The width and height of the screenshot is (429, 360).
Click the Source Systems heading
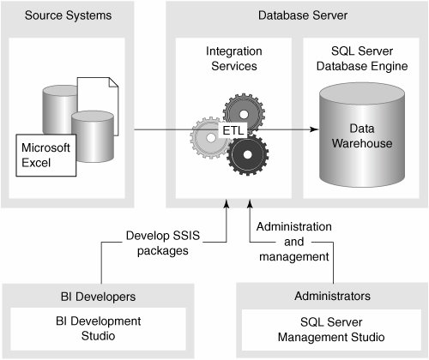(68, 15)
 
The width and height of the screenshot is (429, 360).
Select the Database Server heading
(303, 15)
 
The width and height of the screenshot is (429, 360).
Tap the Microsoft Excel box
(46, 155)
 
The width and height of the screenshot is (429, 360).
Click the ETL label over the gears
(233, 130)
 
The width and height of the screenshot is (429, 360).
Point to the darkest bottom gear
(248, 155)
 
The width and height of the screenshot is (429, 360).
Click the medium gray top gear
(244, 112)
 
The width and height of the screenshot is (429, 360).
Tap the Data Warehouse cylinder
(362, 135)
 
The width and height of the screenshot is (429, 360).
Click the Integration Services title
(234, 58)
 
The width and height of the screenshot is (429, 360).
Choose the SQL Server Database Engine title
(362, 58)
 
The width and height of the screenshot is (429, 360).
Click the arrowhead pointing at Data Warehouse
(314, 129)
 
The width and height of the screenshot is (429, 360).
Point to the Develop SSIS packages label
(163, 243)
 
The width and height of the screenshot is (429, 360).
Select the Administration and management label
(294, 242)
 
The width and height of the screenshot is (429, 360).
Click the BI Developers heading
(98, 297)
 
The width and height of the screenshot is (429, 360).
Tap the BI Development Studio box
(99, 329)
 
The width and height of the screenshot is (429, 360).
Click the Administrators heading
(332, 296)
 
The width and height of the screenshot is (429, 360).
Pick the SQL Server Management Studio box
(331, 330)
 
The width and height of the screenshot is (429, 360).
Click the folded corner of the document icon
(113, 82)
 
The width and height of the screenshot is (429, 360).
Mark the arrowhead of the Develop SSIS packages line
(227, 203)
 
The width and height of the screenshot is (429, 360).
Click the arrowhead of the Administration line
(250, 203)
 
